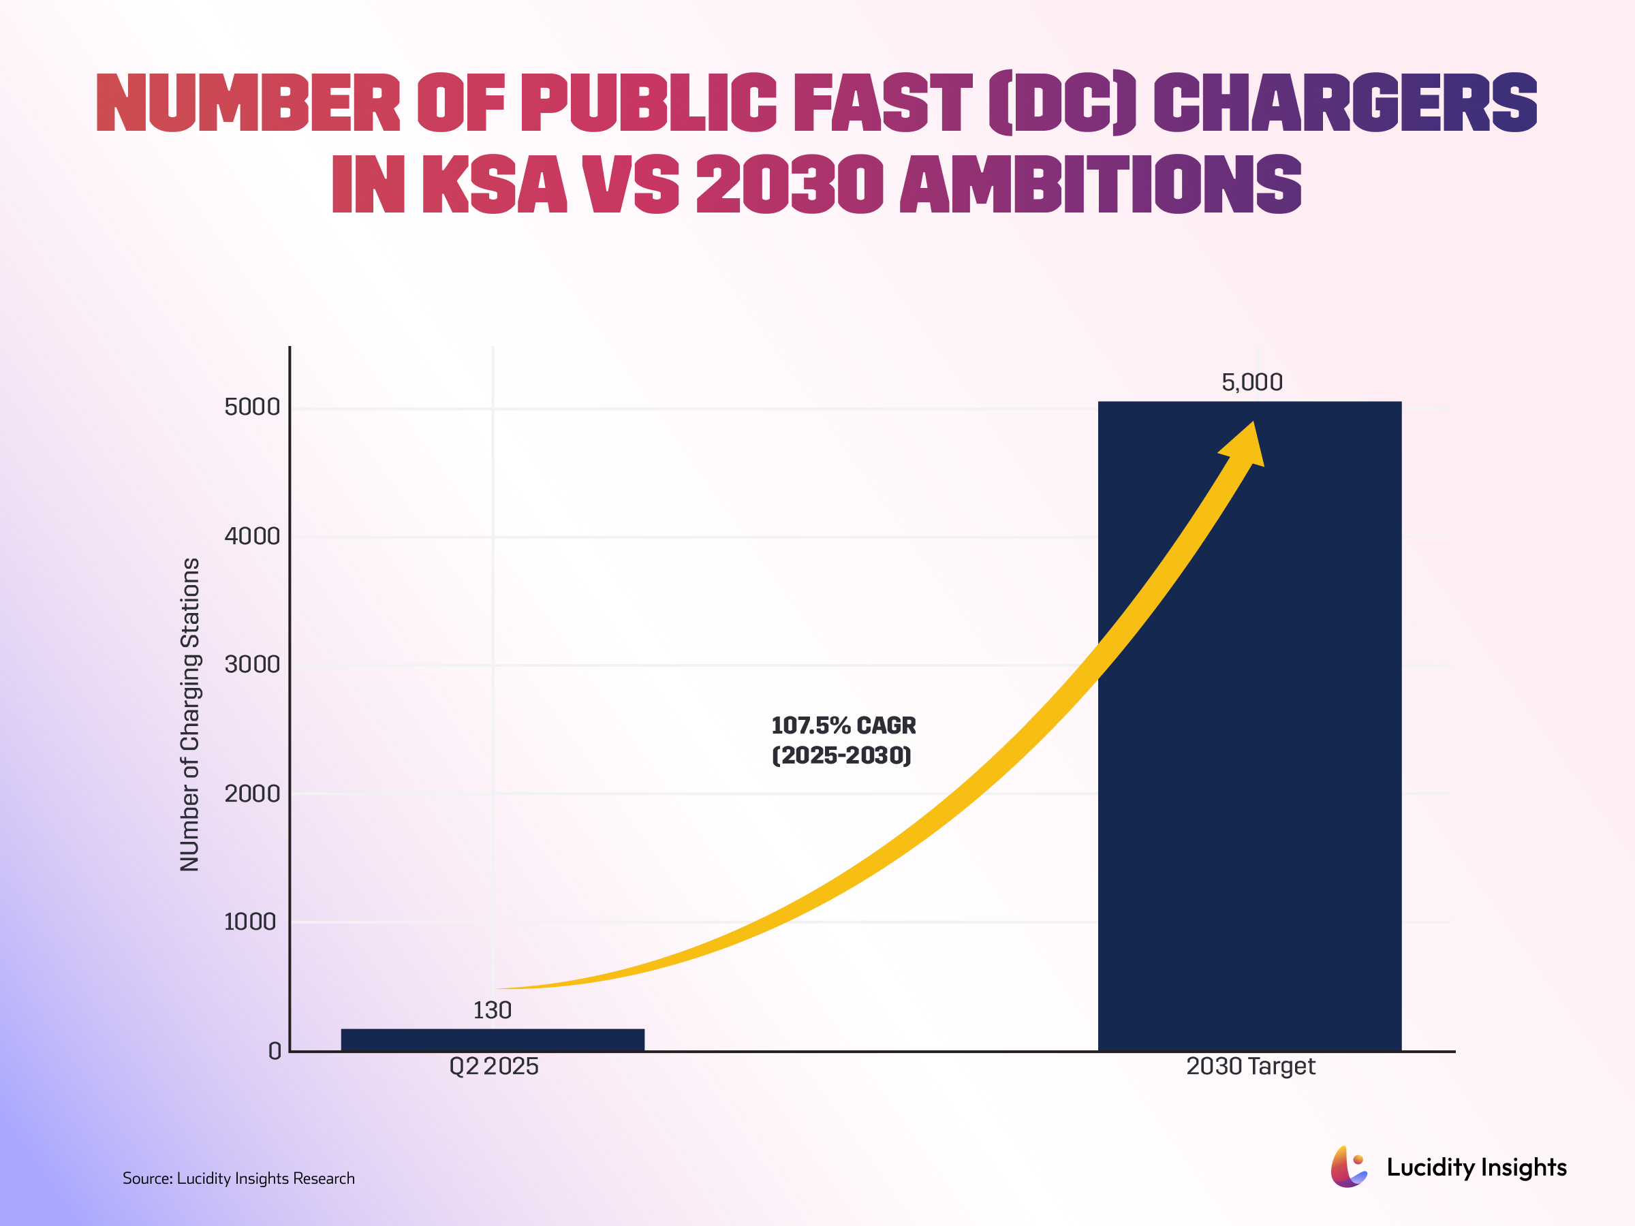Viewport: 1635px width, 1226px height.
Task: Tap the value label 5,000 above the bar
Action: (x=1251, y=382)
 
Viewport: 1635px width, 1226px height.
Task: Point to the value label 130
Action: (x=493, y=1010)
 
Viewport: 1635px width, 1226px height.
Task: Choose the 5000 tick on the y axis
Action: (x=252, y=407)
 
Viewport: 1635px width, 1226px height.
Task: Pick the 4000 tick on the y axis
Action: (x=252, y=536)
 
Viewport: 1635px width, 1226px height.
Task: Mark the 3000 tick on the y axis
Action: (x=252, y=664)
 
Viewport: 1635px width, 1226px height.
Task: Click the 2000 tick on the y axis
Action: (x=252, y=793)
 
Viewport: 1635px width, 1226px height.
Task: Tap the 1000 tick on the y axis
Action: (x=250, y=922)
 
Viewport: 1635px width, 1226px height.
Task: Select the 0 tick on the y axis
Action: (x=275, y=1051)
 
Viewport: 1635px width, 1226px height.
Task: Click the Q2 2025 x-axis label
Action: (x=494, y=1067)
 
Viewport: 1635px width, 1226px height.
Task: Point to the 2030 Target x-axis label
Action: (x=1251, y=1067)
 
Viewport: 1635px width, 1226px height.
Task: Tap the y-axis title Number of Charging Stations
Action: (x=190, y=714)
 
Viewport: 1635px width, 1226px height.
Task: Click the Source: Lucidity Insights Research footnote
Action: (x=238, y=1178)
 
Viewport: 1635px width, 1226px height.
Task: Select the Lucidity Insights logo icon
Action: (x=1348, y=1167)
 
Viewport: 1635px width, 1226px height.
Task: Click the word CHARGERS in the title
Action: (x=1345, y=104)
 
